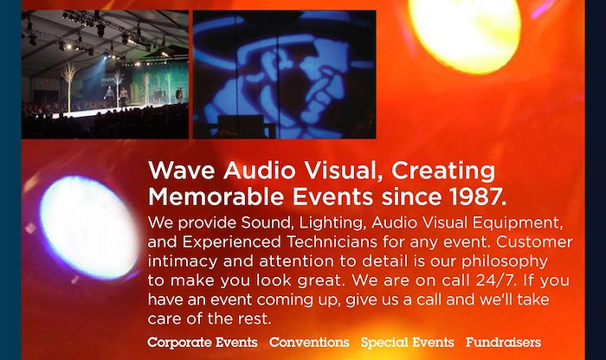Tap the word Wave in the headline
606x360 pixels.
[181, 170]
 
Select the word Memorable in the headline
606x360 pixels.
[216, 197]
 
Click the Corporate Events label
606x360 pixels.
[202, 342]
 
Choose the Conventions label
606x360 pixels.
[309, 342]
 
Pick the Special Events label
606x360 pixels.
[408, 342]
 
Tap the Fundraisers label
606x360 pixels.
[503, 342]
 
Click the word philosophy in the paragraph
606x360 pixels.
[505, 261]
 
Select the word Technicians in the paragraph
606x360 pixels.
[332, 242]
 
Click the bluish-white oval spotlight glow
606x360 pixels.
[90, 227]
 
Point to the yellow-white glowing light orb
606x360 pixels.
[466, 33]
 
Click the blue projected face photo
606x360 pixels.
[285, 74]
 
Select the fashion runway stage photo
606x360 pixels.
[105, 74]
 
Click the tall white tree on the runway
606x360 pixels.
[69, 87]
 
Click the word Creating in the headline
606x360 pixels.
[443, 170]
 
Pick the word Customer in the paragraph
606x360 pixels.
[534, 242]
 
